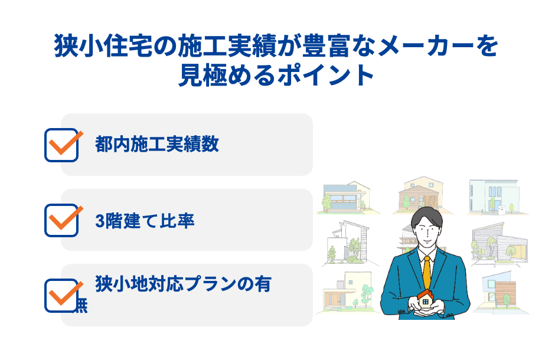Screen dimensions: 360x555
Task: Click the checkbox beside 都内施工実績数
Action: (61, 145)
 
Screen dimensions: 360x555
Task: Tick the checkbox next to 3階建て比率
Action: (61, 220)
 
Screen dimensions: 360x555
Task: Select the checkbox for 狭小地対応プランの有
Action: (61, 295)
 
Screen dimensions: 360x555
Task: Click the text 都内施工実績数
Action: (157, 144)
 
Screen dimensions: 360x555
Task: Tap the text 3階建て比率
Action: (145, 221)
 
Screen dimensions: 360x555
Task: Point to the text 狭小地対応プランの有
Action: (183, 284)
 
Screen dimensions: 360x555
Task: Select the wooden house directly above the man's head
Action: (419, 194)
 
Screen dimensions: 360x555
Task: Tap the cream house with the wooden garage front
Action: (347, 293)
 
